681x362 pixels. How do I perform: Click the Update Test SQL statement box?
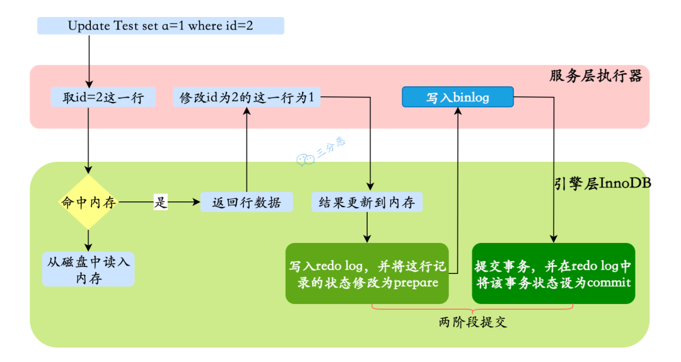coord(161,26)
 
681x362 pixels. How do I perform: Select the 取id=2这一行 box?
coord(103,98)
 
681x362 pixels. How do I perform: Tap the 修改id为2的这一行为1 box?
coord(247,98)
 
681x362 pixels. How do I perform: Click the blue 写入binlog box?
coord(458,98)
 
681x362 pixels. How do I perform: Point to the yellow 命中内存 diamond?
coord(88,202)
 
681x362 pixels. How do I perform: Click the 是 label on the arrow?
coord(161,202)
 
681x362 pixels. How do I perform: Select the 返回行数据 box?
coord(247,202)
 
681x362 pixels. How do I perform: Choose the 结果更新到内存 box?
coord(366,202)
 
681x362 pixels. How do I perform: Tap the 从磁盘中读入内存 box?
coord(88,269)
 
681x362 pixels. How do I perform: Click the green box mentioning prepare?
coord(367,273)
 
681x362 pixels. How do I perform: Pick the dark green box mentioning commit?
coord(553,273)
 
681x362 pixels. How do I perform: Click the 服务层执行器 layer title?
coord(596,76)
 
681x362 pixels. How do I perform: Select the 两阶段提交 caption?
coord(472,322)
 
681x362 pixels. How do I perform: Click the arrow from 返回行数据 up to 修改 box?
coord(247,151)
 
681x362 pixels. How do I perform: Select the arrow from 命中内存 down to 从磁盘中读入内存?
coord(88,239)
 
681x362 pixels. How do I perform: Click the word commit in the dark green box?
coord(608,283)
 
